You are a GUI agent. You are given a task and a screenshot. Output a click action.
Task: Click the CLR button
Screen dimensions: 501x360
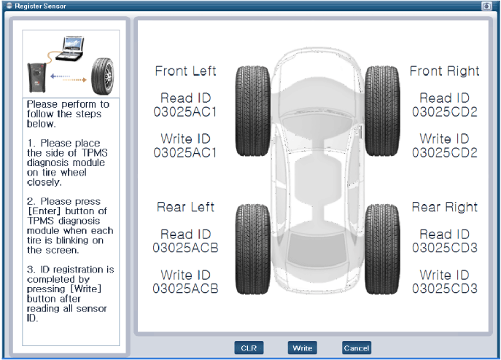249,348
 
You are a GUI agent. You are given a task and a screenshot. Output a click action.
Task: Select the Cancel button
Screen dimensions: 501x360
357,348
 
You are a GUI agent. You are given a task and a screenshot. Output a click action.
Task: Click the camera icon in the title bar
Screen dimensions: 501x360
486,6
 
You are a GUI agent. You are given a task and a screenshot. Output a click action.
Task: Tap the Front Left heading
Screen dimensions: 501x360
185,71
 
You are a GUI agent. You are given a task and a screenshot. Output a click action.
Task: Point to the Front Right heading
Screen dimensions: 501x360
444,71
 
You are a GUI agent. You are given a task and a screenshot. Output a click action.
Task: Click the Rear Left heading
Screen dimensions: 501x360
185,207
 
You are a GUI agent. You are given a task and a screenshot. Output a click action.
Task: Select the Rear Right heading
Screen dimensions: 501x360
444,207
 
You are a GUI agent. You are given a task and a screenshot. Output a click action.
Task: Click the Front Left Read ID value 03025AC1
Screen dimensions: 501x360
185,112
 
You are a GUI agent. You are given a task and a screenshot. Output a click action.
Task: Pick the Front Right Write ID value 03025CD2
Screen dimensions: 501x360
444,153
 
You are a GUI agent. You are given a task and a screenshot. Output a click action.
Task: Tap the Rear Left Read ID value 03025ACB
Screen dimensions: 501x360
185,248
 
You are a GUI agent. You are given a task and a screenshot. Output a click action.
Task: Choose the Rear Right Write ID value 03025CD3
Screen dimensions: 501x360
444,289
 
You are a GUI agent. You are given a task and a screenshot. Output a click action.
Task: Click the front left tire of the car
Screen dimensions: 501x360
253,111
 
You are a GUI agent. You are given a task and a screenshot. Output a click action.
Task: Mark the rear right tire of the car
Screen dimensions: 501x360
382,249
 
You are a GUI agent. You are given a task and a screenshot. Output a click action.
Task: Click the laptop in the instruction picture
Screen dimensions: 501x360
71,49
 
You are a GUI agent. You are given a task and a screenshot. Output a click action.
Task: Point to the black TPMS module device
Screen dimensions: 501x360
36,77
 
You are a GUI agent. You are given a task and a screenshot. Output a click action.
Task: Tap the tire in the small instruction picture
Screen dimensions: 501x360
102,76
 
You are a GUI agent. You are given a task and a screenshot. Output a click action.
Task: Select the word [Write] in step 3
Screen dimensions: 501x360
85,289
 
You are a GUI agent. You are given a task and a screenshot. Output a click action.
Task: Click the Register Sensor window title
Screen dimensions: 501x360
40,6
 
